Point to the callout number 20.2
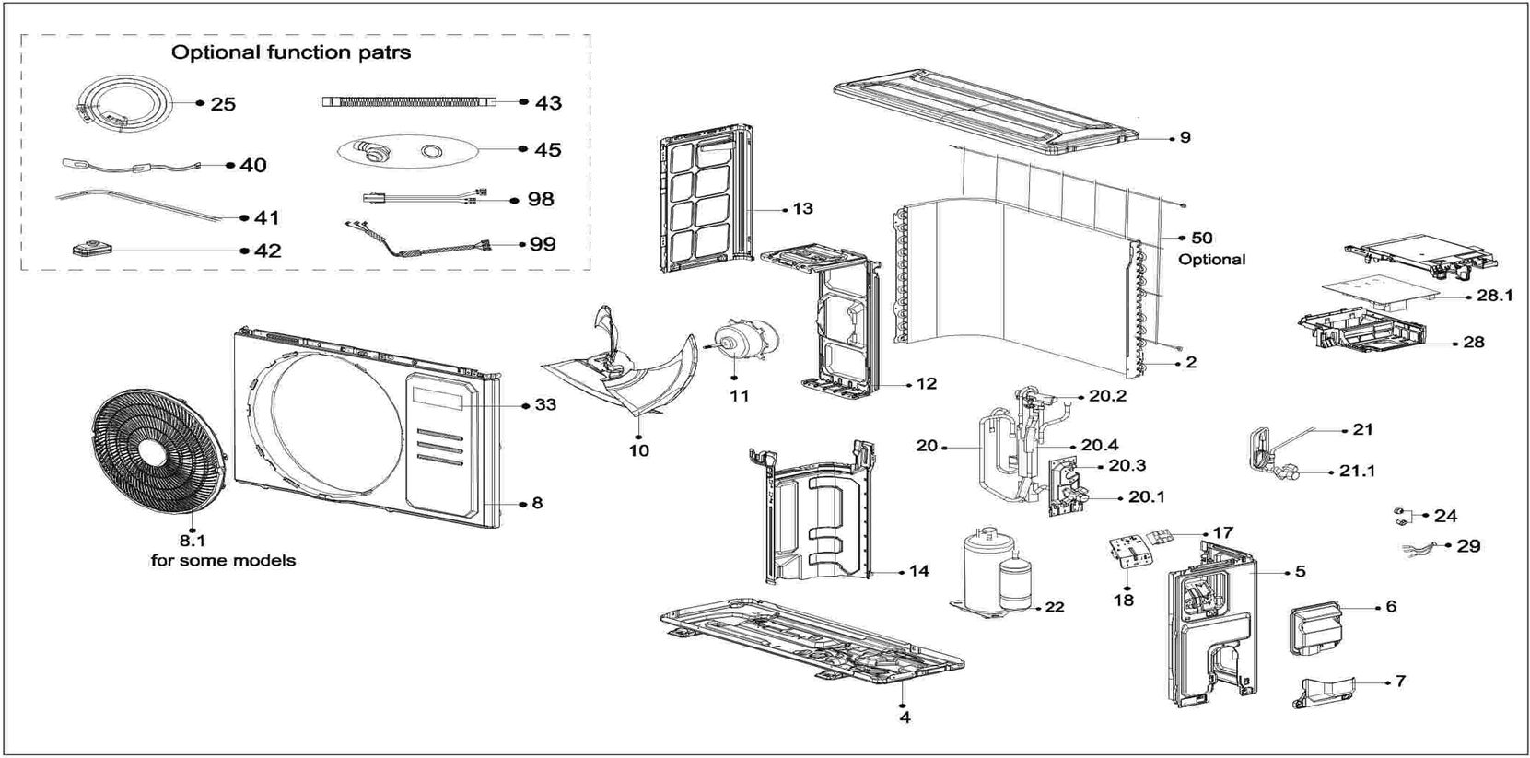[x=1107, y=395]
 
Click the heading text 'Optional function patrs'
[x=291, y=52]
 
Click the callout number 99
[x=543, y=244]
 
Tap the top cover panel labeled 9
[x=985, y=111]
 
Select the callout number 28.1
[x=1495, y=296]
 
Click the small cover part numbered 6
[x=1314, y=629]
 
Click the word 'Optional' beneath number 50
[x=1211, y=260]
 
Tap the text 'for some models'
[x=223, y=561]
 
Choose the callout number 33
[x=545, y=405]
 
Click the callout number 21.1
[x=1357, y=472]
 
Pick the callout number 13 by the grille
[x=802, y=208]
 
